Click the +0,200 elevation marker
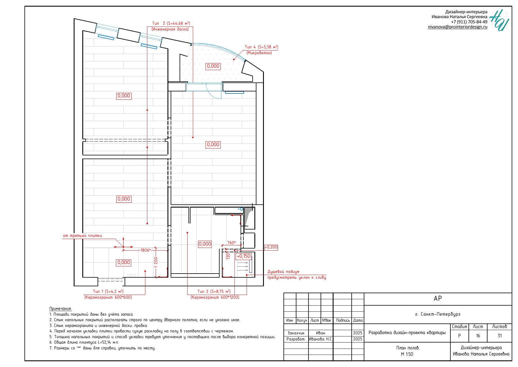point(271,247)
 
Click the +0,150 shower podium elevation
point(243,256)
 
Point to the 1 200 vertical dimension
point(156,262)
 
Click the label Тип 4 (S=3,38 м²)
point(261,47)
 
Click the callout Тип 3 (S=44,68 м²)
point(171,24)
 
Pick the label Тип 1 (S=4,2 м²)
point(108,291)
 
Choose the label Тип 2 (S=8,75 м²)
point(214,291)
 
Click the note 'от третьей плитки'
point(83,236)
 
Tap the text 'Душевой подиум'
point(283,272)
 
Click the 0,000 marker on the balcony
point(213,66)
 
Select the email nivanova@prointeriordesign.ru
point(458,27)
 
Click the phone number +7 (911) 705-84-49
point(469,22)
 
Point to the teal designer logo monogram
point(499,20)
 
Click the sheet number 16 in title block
point(478,336)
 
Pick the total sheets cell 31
point(500,336)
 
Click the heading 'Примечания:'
point(60,309)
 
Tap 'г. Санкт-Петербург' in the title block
point(438,314)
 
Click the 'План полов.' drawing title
point(408,348)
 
